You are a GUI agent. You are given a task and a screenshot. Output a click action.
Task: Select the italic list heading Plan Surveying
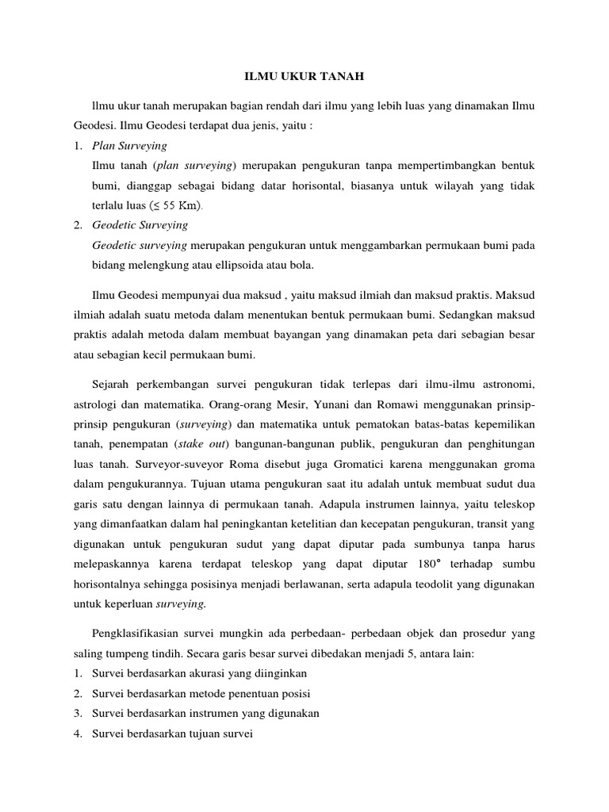[129, 147]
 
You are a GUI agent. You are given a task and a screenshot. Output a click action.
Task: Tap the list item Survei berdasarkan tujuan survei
[171, 733]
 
